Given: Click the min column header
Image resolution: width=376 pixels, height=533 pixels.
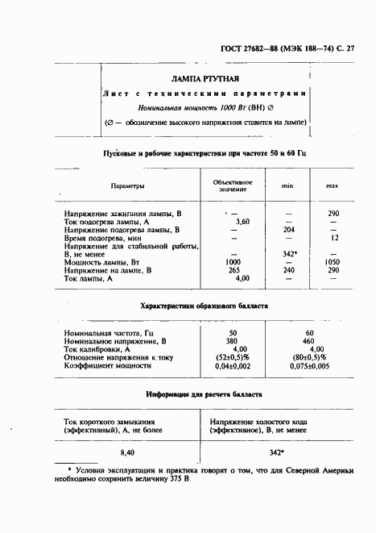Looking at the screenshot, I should tap(287, 186).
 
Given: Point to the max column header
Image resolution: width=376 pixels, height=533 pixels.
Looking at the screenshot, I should tap(332, 186).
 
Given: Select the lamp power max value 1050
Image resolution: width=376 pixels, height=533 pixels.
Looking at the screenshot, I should tap(331, 262).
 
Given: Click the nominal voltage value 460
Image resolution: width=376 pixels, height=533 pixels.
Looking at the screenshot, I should tap(309, 340).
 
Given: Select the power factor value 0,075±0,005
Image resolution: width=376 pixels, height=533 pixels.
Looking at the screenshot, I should tap(309, 365).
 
